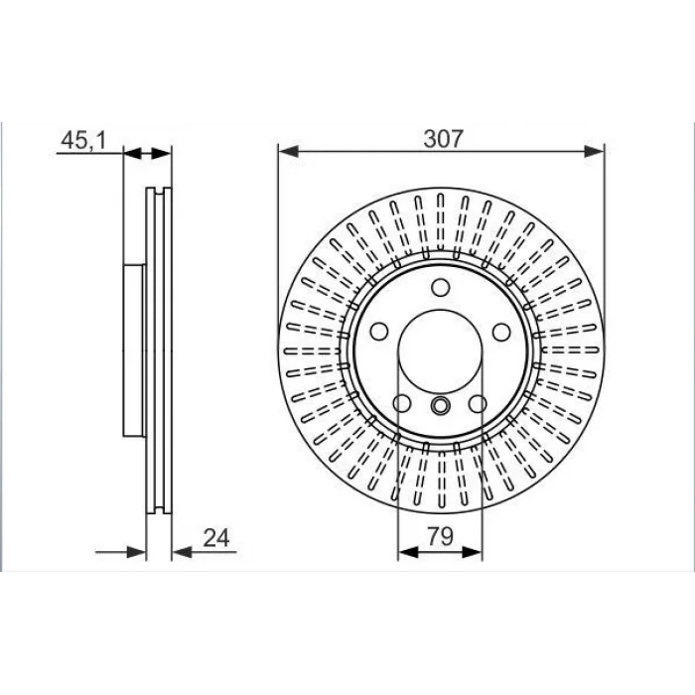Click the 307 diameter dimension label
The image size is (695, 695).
443,138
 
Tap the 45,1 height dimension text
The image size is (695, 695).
83,141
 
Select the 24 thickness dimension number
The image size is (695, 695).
216,538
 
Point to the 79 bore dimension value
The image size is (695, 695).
441,536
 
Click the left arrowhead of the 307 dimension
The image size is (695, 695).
288,152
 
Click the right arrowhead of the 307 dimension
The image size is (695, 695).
594,152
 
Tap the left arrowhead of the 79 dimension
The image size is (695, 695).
408,552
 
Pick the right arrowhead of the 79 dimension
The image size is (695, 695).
472,552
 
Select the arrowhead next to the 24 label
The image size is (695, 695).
182,552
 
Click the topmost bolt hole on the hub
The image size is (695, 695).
441,287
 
